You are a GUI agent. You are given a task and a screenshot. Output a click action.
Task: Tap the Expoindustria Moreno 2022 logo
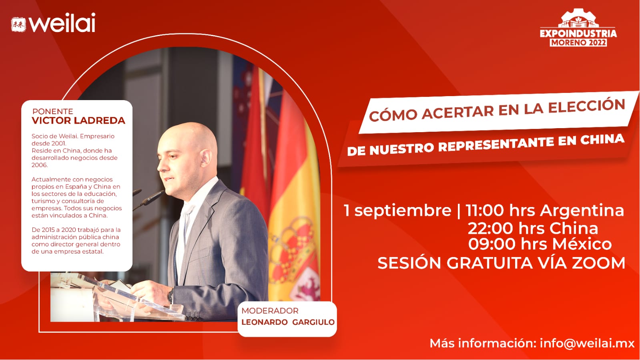coord(578,28)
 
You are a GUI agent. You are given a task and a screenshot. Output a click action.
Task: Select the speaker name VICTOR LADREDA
coord(78,121)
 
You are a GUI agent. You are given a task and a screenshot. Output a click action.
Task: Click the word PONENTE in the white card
coord(52,111)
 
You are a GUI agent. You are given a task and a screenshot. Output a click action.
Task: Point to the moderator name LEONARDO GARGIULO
coord(288,322)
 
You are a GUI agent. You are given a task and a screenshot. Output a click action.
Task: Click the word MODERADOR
coord(270,311)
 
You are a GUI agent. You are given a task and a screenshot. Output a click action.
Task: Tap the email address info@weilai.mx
coord(587,343)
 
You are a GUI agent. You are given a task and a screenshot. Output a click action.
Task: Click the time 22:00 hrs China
coord(533,229)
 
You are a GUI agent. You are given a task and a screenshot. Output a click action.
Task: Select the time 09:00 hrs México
coord(540,244)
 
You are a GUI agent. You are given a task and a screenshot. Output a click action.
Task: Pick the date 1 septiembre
coord(397,211)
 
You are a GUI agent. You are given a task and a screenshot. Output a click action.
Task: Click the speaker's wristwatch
coord(171,296)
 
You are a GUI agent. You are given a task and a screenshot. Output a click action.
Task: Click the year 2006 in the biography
coord(40,165)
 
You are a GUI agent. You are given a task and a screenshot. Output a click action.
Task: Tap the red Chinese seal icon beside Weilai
coord(18,24)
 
